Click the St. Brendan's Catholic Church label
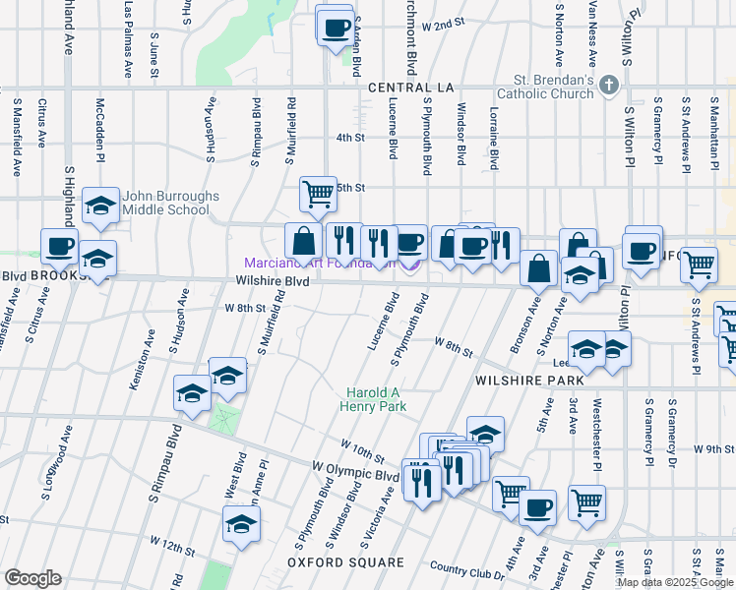552,88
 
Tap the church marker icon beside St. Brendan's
610,85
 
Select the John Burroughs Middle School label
171,203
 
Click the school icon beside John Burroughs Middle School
100,206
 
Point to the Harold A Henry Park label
372,399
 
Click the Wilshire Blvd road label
274,281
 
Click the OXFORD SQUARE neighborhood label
345,562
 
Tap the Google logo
33,577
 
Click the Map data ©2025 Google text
674,582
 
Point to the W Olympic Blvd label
354,470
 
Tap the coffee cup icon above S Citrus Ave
59,247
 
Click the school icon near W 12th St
241,525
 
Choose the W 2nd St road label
442,24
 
